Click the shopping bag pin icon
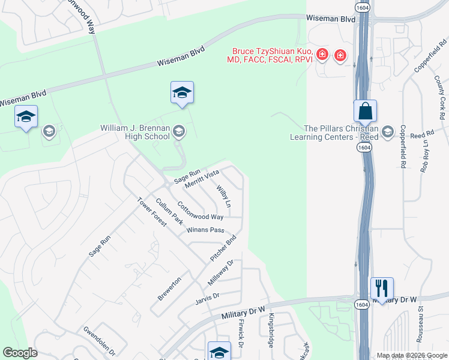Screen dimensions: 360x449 365,112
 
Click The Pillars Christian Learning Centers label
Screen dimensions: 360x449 341,133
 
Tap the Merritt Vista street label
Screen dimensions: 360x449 202,179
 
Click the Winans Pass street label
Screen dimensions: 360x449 205,230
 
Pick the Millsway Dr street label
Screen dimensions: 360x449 220,272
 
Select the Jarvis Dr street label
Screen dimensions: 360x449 208,296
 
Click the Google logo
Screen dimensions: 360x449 20,353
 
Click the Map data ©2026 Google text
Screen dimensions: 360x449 411,355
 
